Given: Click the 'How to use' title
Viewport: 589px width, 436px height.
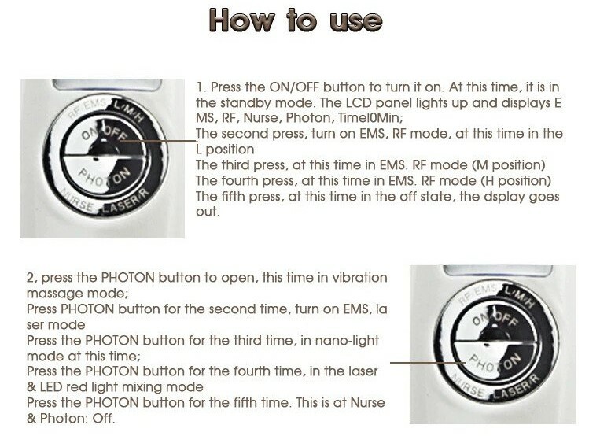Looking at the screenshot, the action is (x=296, y=20).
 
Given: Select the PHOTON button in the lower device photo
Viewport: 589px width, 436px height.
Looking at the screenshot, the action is (x=495, y=361).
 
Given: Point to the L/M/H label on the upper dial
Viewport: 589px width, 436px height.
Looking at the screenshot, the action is (x=129, y=111).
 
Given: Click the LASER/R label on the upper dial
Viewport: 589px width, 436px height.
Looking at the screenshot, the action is (x=126, y=202).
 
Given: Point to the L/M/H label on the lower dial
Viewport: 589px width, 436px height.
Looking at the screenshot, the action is (x=519, y=297).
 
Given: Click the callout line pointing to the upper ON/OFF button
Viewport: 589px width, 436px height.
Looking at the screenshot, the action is (x=158, y=142).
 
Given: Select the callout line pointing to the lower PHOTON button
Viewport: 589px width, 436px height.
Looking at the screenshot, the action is (x=429, y=363).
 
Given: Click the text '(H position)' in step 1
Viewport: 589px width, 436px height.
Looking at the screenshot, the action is (x=516, y=181).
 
